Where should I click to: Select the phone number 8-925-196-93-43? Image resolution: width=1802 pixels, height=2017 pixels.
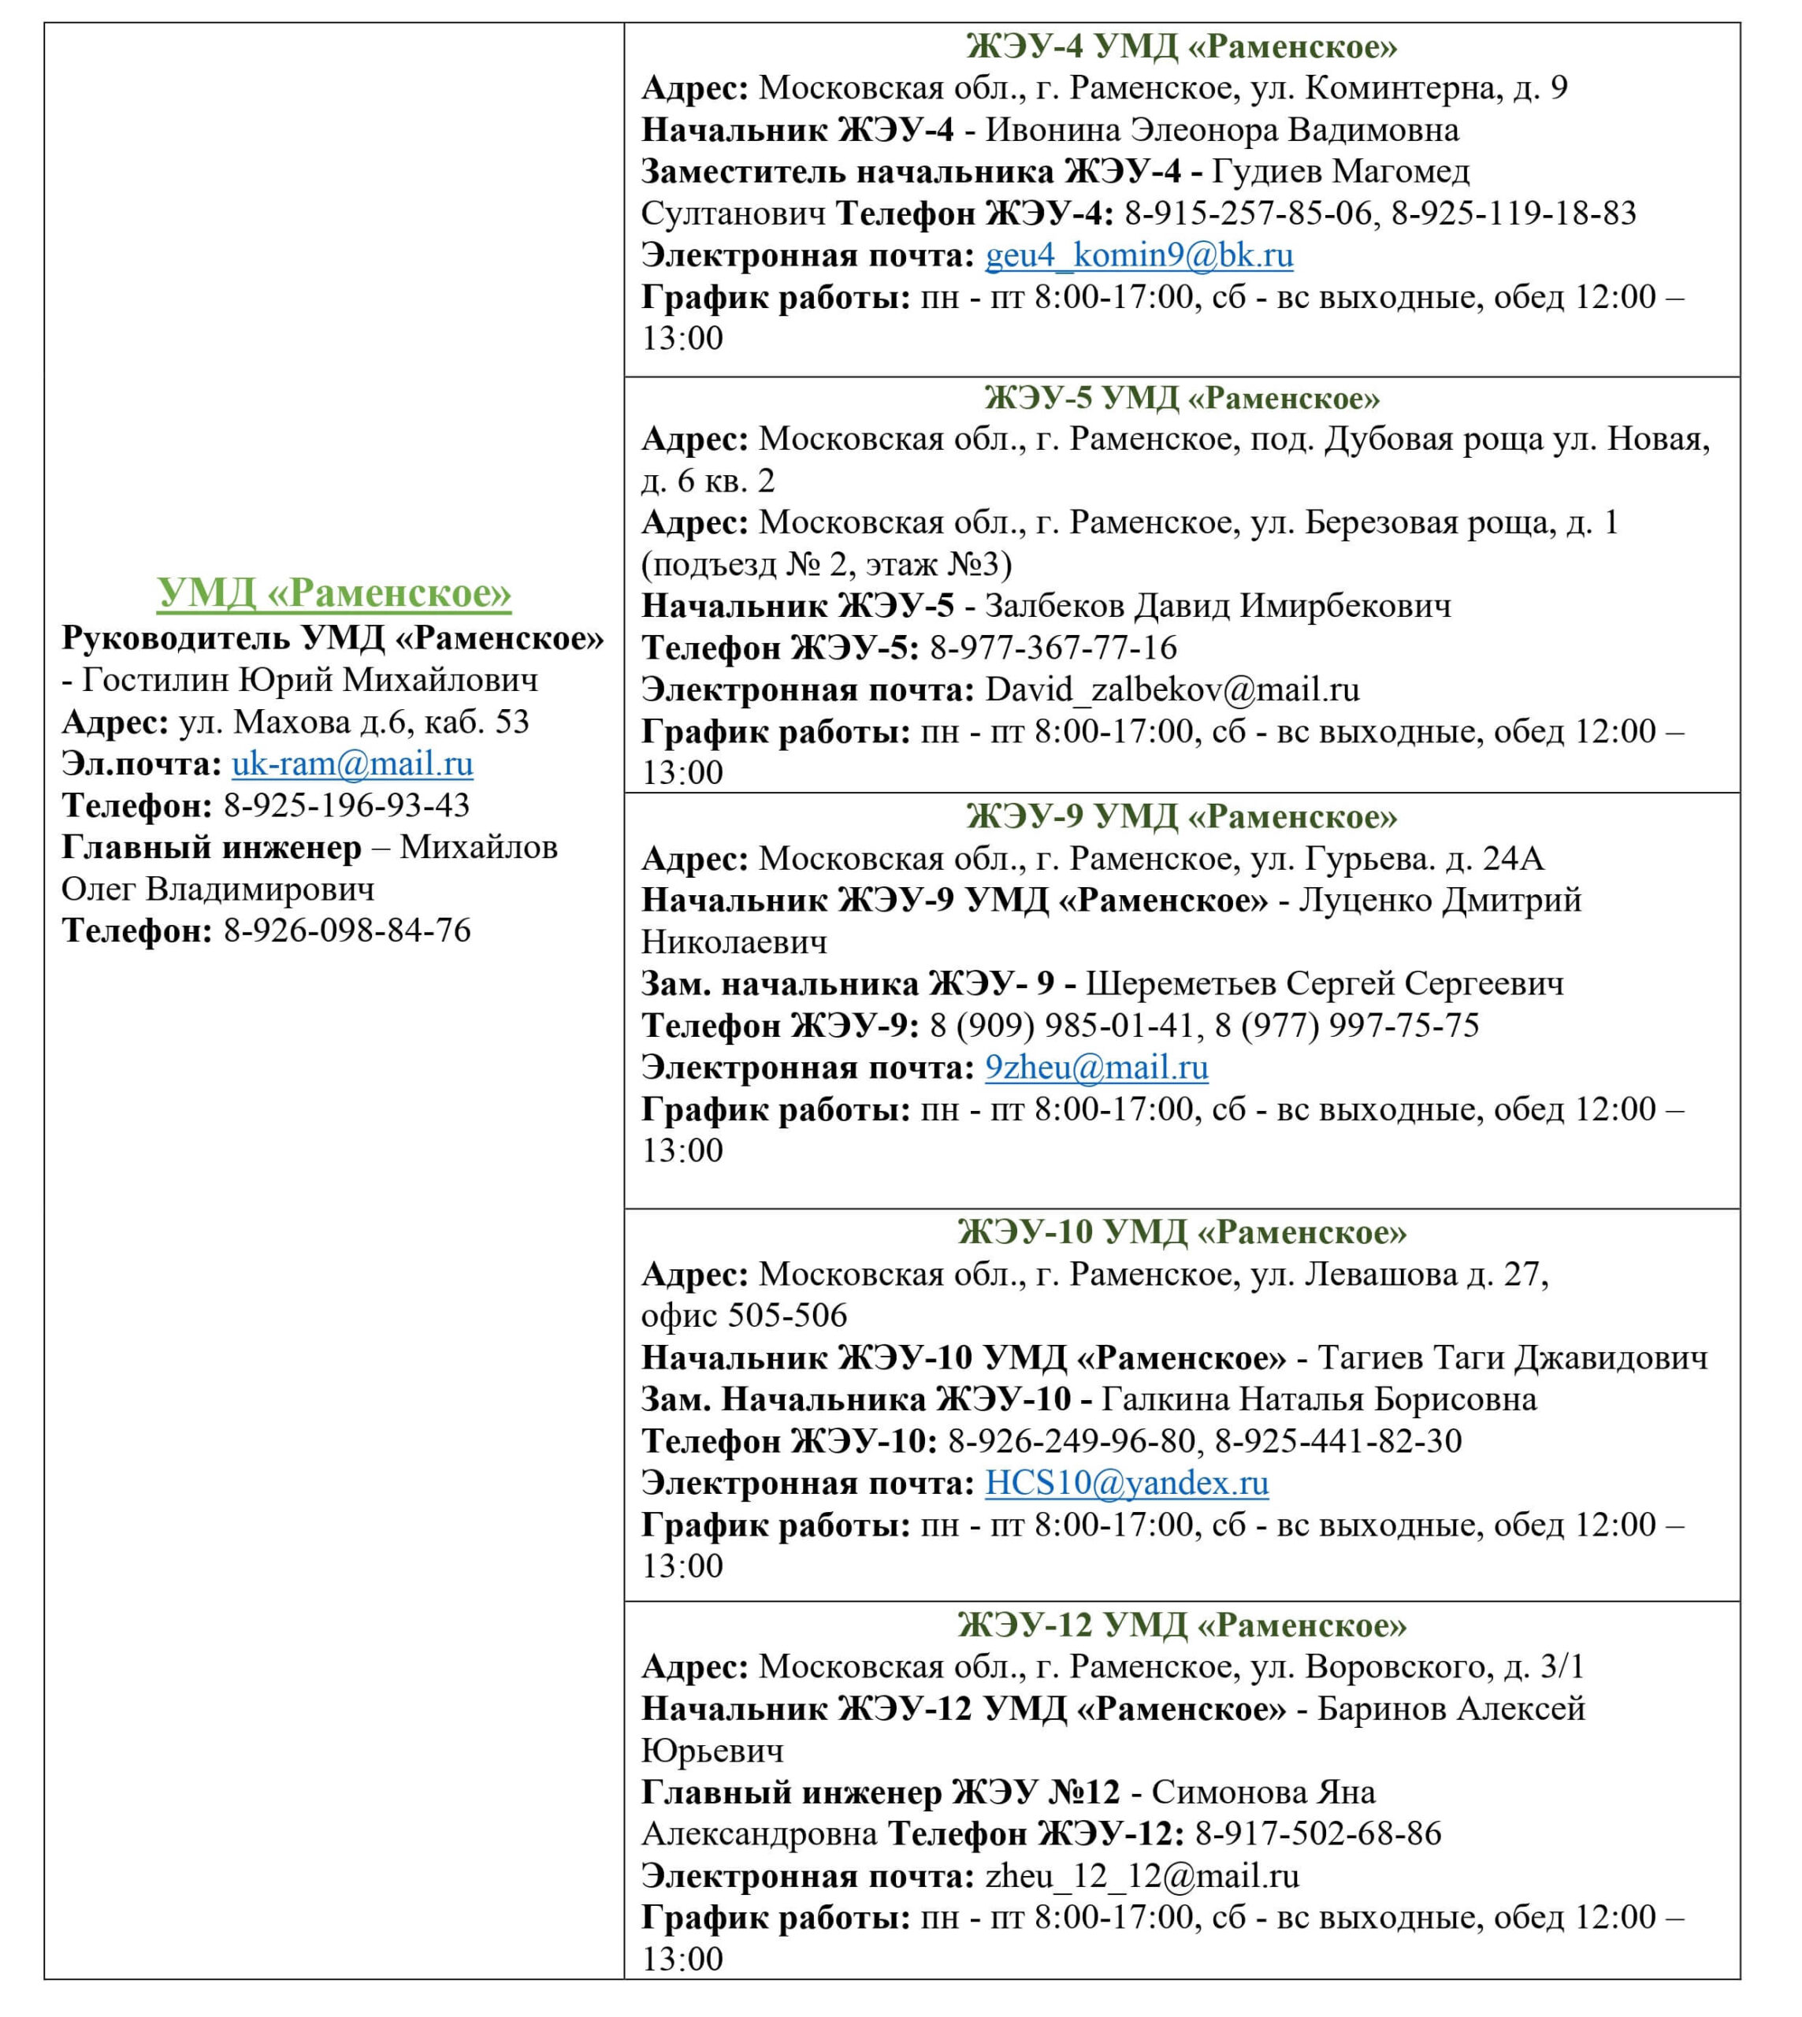coord(347,806)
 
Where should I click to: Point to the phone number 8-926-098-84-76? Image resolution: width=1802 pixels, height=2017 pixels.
coord(347,930)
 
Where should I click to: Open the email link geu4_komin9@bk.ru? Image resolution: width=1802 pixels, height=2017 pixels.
coord(1139,255)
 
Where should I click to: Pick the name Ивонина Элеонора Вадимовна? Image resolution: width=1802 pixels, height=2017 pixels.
coord(1222,130)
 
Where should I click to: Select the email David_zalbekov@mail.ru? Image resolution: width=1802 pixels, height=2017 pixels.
coord(1172,689)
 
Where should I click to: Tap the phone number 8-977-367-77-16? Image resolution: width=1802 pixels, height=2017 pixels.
coord(1053,648)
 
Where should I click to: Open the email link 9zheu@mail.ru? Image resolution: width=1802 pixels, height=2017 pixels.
coord(1096,1068)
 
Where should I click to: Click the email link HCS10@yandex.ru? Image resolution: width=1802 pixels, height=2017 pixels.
coord(1127,1484)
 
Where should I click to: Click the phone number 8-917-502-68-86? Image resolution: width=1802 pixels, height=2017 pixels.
coord(1318,1834)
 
